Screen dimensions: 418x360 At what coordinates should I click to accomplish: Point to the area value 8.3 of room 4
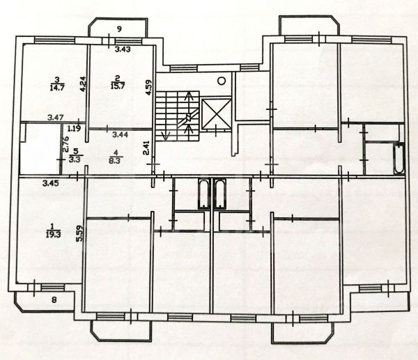[116, 159]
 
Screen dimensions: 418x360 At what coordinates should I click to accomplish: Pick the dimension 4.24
[82, 84]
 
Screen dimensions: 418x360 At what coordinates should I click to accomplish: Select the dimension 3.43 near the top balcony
[123, 49]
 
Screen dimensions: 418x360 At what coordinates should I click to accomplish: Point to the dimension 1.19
[74, 128]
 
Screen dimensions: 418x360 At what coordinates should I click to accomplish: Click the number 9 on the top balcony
[119, 29]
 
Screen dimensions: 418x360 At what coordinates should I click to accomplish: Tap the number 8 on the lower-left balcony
[54, 300]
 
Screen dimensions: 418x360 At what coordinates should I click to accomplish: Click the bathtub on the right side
[398, 160]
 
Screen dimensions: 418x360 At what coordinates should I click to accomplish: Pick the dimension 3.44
[115, 128]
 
